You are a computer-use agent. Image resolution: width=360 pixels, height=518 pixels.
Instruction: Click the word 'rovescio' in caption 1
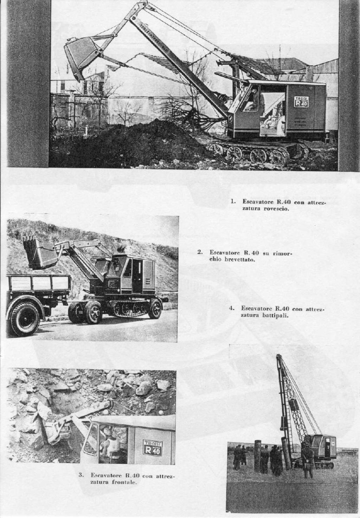pyautogui.click(x=276, y=209)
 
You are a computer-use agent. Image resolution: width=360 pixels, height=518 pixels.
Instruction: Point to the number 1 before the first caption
pyautogui.click(x=232, y=202)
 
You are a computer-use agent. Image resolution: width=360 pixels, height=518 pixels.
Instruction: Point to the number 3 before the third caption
pyautogui.click(x=81, y=475)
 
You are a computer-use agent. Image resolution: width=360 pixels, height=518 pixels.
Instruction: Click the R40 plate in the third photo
pyautogui.click(x=153, y=447)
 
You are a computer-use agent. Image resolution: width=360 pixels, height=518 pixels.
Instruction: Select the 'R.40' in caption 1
pyautogui.click(x=283, y=202)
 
